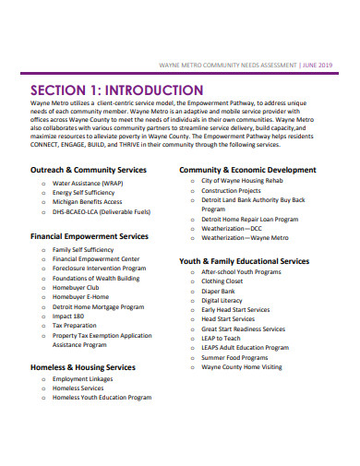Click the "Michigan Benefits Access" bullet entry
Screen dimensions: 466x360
point(87,175)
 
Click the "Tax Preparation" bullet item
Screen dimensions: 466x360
point(74,326)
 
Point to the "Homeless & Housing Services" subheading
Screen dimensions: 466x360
point(83,367)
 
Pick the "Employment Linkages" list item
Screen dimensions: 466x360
point(83,379)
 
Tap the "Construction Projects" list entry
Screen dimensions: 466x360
point(233,166)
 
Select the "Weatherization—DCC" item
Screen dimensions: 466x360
point(233,228)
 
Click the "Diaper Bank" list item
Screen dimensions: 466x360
point(220,292)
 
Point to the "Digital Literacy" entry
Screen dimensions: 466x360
point(222,300)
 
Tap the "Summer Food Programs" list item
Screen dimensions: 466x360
point(234,357)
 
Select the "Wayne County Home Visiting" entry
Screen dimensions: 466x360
point(242,366)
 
